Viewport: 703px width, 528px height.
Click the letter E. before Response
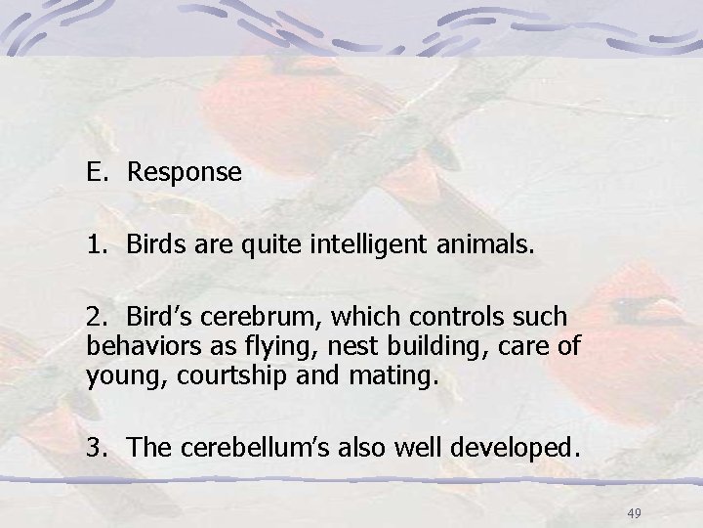point(97,173)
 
